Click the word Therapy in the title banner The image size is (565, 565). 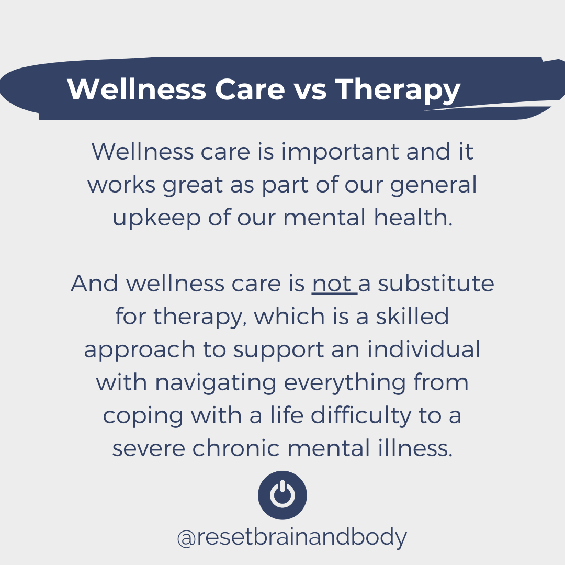tap(398, 90)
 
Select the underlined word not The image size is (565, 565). tap(331, 284)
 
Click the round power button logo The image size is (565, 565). tap(282, 495)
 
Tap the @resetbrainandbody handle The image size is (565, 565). tap(291, 537)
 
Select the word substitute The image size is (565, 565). tap(436, 284)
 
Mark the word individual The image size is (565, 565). tap(423, 350)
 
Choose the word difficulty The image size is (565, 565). tap(361, 416)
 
